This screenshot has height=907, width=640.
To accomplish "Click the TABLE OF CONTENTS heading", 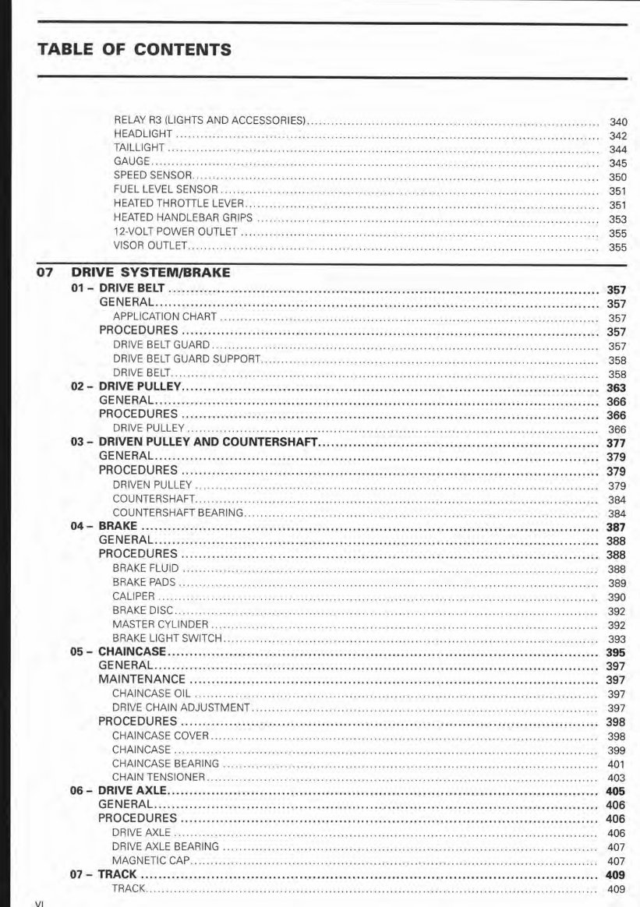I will (134, 50).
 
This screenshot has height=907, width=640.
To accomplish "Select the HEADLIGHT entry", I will (143, 135).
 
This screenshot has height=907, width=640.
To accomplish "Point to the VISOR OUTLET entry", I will (150, 246).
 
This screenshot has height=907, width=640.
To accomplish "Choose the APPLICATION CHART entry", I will (164, 318).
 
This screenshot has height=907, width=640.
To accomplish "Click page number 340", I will (617, 122).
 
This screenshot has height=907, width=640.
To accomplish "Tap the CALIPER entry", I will (133, 596).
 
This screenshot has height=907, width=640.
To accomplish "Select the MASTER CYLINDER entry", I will (160, 624).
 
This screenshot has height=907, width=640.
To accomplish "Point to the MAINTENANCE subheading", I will (142, 679).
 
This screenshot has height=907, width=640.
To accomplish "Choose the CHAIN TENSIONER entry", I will (158, 777).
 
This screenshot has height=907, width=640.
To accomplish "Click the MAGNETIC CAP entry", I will (151, 861).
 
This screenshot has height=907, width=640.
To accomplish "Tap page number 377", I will (616, 443).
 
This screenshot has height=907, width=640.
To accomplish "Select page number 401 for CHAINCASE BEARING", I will (616, 764).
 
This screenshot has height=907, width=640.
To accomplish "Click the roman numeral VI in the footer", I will (41, 903).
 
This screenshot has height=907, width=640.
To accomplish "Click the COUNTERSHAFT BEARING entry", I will (178, 513).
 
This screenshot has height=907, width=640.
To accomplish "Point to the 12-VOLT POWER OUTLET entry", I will (175, 232).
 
